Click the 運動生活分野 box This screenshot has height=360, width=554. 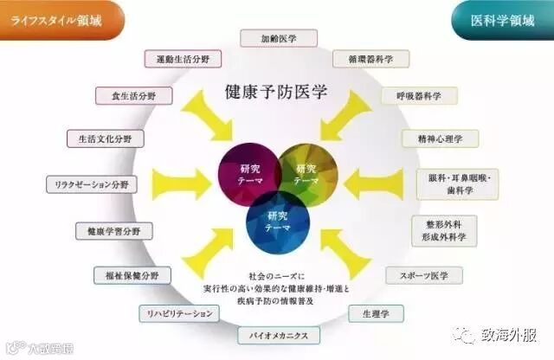tap(184, 59)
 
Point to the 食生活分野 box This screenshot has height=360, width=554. tap(128, 95)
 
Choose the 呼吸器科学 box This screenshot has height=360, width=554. tap(414, 95)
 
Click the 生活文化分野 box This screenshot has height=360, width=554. tap(100, 138)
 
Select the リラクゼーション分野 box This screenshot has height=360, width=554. tap(87, 184)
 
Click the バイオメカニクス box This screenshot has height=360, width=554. tap(279, 334)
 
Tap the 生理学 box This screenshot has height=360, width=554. tap(375, 312)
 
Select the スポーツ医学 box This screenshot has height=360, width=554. tap(423, 275)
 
